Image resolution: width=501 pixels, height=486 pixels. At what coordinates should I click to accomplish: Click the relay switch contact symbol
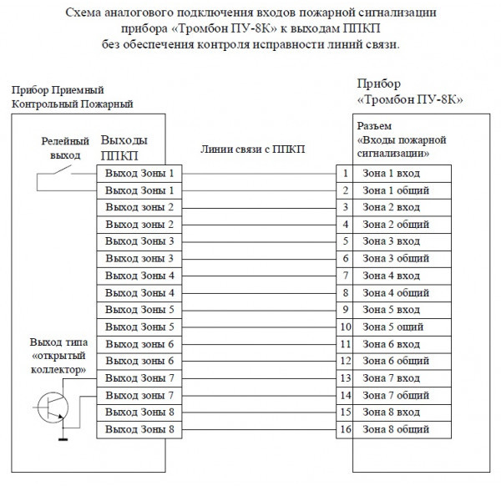59,174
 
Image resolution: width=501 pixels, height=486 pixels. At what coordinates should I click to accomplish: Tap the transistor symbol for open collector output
53,406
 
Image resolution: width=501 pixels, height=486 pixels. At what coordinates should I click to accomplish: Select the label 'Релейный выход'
65,149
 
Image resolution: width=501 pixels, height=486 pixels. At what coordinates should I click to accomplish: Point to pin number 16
344,429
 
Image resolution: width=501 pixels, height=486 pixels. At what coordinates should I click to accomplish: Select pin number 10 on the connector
344,327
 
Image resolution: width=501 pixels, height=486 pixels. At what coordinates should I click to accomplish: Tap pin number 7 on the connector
344,276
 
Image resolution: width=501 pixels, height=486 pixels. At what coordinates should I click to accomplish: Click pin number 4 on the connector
344,225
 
